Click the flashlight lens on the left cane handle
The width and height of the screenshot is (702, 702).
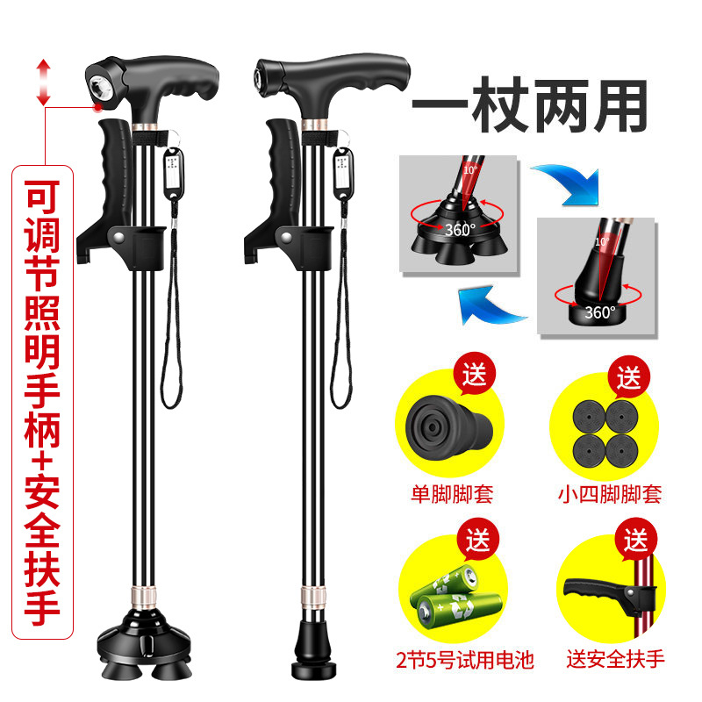[x=98, y=86]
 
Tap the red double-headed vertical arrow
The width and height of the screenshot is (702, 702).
[x=43, y=82]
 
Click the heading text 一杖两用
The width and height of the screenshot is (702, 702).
[x=530, y=105]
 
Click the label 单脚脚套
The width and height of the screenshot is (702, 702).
[x=452, y=494]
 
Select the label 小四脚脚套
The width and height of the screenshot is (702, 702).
[x=610, y=494]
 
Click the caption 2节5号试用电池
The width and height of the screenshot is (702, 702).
[x=465, y=660]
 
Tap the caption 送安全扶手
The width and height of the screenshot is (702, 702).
[x=616, y=659]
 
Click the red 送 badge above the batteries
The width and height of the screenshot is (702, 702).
[x=477, y=540]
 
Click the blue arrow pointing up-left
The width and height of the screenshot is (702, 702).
[x=491, y=306]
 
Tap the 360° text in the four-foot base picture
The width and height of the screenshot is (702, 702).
[x=460, y=230]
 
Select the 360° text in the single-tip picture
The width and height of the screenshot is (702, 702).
[x=600, y=312]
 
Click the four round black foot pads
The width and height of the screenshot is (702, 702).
[x=605, y=434]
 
